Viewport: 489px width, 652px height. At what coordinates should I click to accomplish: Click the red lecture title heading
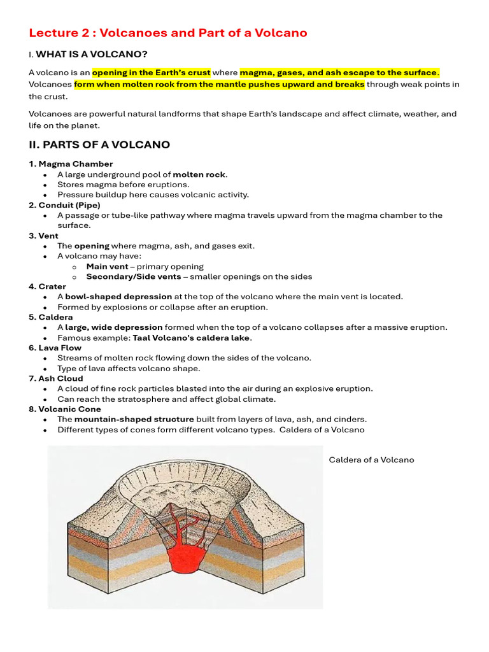[x=168, y=32]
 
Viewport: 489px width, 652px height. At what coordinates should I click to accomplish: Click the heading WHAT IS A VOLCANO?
[x=96, y=54]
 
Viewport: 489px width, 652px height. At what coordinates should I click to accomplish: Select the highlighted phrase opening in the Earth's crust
[x=152, y=73]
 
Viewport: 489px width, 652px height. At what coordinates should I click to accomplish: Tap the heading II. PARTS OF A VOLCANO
[x=99, y=145]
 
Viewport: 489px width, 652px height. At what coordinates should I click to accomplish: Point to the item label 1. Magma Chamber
[x=71, y=164]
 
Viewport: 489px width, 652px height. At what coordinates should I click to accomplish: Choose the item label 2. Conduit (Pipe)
[x=64, y=205]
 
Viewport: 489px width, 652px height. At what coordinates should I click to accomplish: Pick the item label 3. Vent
[x=43, y=236]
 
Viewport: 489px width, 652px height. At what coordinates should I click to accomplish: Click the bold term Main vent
[x=107, y=266]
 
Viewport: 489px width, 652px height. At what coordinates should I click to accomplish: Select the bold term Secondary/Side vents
[x=136, y=276]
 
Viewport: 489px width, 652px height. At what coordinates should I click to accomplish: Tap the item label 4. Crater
[x=47, y=287]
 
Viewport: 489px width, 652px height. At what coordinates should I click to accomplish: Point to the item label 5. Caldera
[x=51, y=317]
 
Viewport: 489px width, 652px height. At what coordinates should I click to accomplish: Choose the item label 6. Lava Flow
[x=55, y=348]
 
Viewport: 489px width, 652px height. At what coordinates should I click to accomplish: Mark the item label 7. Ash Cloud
[x=56, y=378]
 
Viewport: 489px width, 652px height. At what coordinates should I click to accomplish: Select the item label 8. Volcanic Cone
[x=65, y=409]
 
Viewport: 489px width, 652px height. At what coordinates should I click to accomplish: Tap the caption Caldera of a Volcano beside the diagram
[x=371, y=460]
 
